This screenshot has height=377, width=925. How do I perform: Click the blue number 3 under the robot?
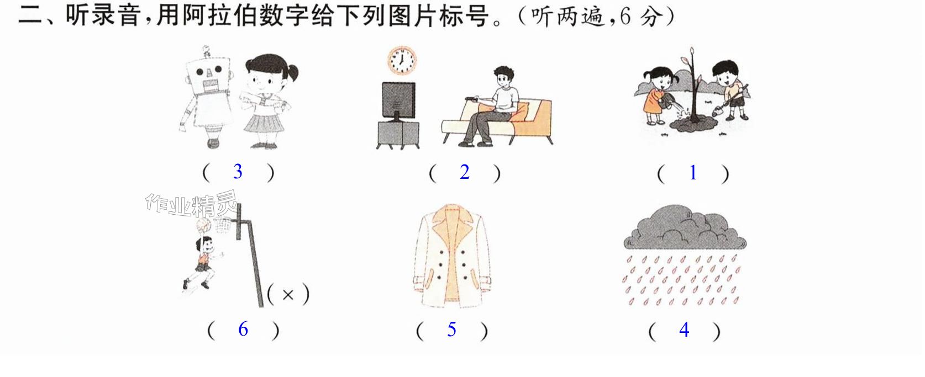pyautogui.click(x=238, y=172)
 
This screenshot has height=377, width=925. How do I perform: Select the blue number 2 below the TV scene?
pyautogui.click(x=465, y=172)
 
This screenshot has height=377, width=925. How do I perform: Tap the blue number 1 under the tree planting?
pyautogui.click(x=693, y=172)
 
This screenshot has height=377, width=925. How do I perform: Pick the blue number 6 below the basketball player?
pyautogui.click(x=243, y=329)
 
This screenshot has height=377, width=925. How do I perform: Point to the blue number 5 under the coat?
pyautogui.click(x=452, y=330)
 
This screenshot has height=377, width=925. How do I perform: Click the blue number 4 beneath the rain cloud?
pyautogui.click(x=684, y=330)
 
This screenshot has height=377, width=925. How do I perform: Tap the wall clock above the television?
pyautogui.click(x=401, y=60)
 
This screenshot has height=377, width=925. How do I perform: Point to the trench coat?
pyautogui.click(x=452, y=256)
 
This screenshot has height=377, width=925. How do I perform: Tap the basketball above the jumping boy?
pyautogui.click(x=203, y=225)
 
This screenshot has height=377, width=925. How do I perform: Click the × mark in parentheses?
pyautogui.click(x=288, y=295)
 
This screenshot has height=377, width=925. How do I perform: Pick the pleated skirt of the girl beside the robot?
pyautogui.click(x=264, y=123)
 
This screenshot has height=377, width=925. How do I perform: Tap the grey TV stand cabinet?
pyautogui.click(x=398, y=135)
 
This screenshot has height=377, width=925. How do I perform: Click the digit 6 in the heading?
pyautogui.click(x=625, y=17)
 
